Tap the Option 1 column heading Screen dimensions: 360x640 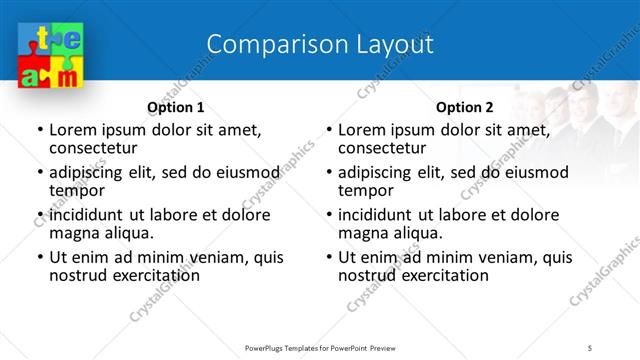point(175,107)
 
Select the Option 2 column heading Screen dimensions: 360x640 point(464,107)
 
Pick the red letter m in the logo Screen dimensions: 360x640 point(64,77)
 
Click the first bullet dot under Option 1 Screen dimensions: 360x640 point(39,130)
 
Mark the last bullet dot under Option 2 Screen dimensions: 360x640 point(328,257)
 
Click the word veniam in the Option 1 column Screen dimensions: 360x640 point(218,257)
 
